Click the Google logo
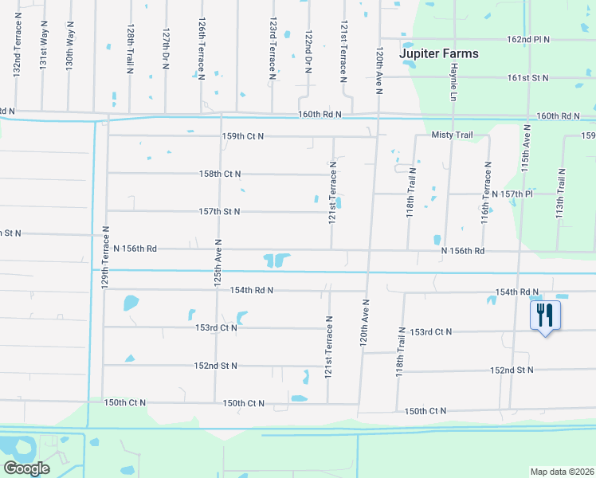pos(26,468)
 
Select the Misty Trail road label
pos(453,135)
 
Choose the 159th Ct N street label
pos(242,136)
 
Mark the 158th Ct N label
pos(220,174)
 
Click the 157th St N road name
pos(219,212)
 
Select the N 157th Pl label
pos(512,194)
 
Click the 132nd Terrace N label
pos(17,55)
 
